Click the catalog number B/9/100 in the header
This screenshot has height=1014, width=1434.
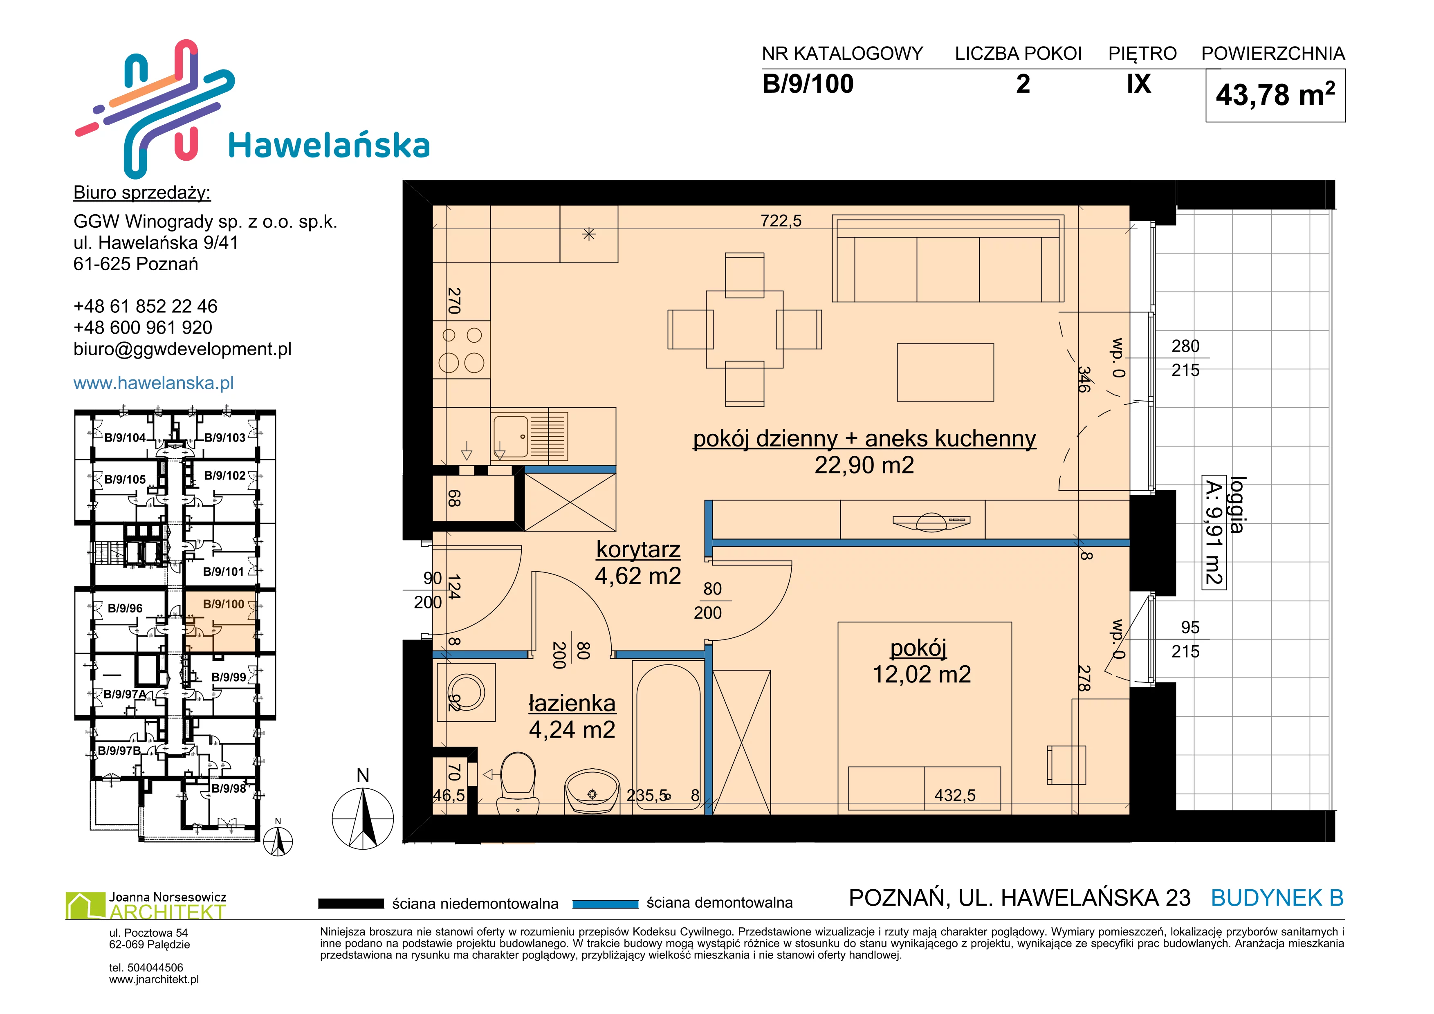808,84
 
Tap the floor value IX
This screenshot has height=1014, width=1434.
1139,84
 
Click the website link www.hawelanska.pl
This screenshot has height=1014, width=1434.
154,383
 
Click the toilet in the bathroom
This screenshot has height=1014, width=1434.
518,782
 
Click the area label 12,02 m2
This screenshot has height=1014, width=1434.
922,674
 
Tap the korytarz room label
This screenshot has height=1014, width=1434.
638,550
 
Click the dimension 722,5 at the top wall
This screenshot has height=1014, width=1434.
781,220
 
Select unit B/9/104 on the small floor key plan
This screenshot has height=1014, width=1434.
125,437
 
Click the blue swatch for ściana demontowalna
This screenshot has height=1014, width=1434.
605,904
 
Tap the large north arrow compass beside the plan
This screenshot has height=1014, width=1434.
363,818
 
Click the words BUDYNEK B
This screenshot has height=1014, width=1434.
1277,898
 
